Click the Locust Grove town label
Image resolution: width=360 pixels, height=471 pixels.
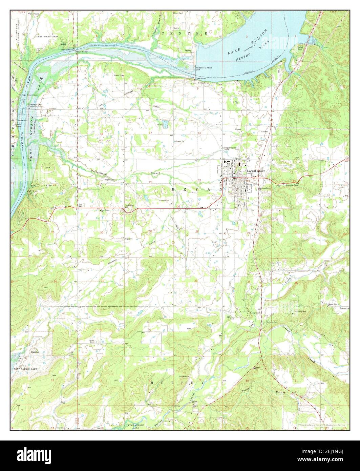coord(256,171)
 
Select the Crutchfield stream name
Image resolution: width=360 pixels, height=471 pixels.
coord(101,173)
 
